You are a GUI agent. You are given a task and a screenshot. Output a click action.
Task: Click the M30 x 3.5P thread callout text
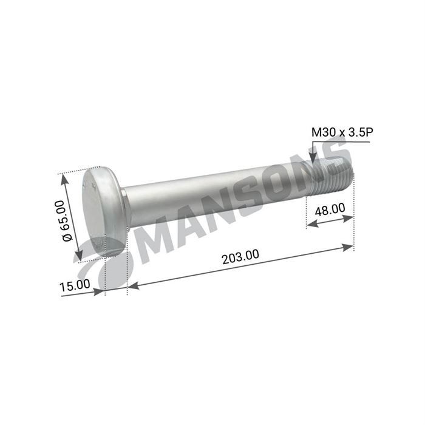(x=342, y=132)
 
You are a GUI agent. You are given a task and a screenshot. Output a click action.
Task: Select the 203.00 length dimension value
(x=240, y=257)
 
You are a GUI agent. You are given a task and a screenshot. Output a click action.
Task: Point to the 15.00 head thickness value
(x=75, y=285)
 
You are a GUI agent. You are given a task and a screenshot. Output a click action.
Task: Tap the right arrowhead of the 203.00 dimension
(x=348, y=248)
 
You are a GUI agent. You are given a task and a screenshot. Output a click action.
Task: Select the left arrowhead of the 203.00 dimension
(x=134, y=285)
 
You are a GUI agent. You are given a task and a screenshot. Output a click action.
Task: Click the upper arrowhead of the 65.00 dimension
(x=64, y=180)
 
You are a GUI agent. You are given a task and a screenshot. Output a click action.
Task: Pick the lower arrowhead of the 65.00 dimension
(x=79, y=256)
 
